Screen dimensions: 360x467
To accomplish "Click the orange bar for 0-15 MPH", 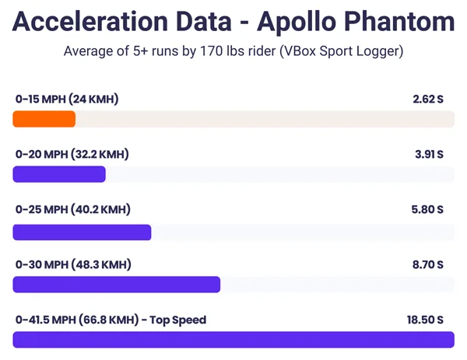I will (44, 119).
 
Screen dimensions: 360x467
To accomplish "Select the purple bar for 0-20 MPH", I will (59, 174).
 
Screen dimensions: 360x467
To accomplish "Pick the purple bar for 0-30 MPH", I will (117, 285).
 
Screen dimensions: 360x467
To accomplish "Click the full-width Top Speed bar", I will (233, 340).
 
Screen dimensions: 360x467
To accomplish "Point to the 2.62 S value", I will (427, 100).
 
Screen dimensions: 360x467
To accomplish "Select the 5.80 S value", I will (427, 210).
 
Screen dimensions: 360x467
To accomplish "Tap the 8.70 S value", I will (427, 265).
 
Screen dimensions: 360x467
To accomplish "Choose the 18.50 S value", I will (425, 320).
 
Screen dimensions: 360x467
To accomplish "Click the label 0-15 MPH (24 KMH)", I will (67, 100).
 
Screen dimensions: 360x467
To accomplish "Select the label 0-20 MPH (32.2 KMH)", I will (72, 155).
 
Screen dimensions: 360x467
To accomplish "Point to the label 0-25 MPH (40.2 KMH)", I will (72, 210).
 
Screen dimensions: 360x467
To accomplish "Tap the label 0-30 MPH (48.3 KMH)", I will (72, 265).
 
